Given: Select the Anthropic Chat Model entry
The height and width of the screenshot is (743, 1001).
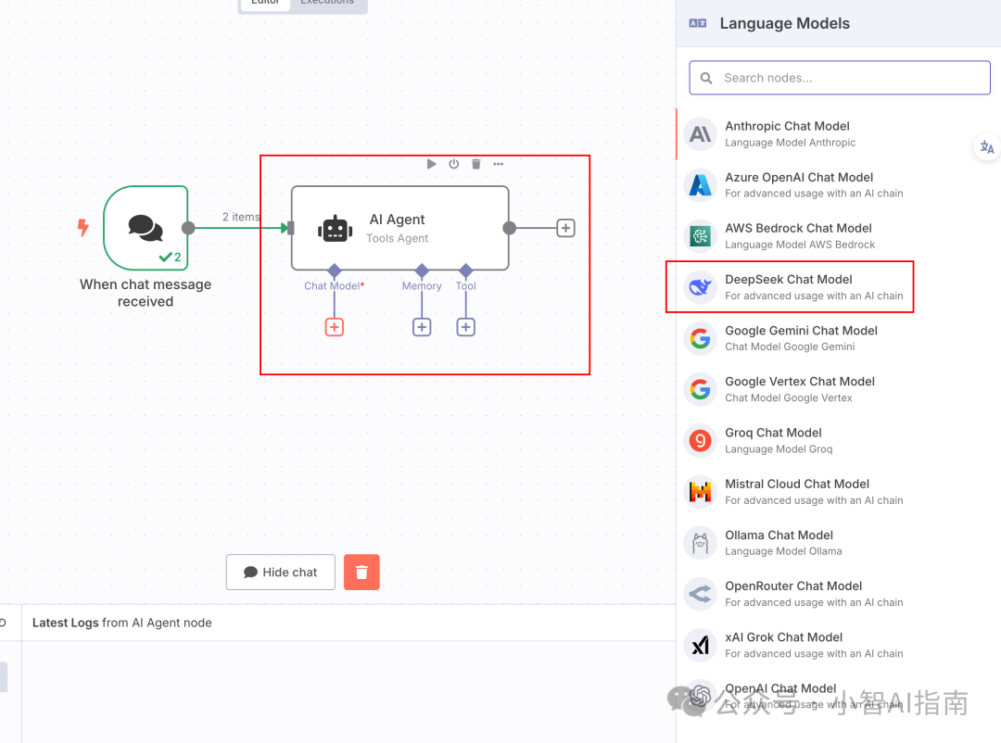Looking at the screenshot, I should point(787,133).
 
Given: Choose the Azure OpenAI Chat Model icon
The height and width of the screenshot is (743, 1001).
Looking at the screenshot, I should point(701,185).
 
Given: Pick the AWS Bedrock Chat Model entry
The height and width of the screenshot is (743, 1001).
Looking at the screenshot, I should point(798,235).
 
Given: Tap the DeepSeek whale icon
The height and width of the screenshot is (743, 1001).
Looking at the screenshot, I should point(701,287).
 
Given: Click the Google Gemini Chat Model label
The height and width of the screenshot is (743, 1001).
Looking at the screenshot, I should point(801,331).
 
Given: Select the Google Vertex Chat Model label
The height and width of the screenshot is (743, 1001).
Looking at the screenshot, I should point(800,382).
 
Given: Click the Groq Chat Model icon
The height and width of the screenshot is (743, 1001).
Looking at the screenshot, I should point(701,441).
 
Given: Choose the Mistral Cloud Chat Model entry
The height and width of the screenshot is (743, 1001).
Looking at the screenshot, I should point(797,491).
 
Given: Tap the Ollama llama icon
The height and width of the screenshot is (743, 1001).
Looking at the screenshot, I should point(701,543).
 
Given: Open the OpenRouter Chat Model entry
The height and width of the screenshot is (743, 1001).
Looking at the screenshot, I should point(793,593).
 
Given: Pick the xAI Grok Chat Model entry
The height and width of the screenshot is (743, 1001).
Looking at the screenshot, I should point(784,645).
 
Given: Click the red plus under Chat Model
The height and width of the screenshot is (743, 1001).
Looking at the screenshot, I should point(335,327).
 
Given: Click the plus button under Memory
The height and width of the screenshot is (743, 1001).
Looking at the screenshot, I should point(422,327).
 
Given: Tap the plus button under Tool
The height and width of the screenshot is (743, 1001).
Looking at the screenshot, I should point(466,327).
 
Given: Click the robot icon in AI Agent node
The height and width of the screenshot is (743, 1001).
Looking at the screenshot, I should point(335,229).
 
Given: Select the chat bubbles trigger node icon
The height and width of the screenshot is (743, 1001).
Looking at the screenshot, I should point(146,228).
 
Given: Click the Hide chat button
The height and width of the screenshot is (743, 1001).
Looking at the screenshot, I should point(281,573).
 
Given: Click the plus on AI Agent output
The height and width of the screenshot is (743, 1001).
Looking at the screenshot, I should point(565,228).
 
